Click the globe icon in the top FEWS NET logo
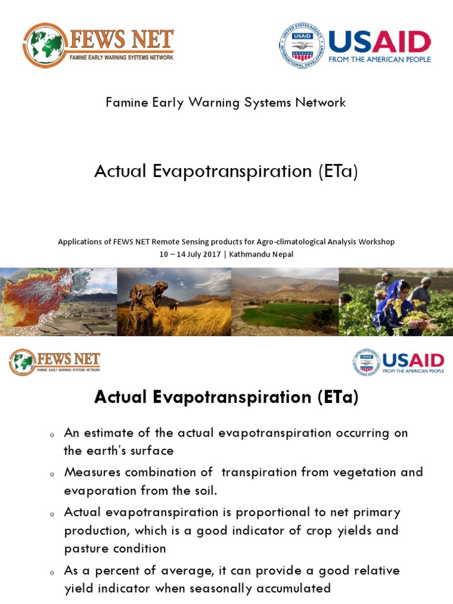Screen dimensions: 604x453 click(45, 45)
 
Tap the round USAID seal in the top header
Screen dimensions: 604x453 click(302, 45)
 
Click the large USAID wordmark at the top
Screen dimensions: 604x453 click(379, 42)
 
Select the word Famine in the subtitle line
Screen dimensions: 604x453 click(125, 103)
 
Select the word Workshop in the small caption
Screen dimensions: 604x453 click(375, 242)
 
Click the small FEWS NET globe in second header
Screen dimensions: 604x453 click(22, 362)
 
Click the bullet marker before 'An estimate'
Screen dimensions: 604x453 click(52, 435)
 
